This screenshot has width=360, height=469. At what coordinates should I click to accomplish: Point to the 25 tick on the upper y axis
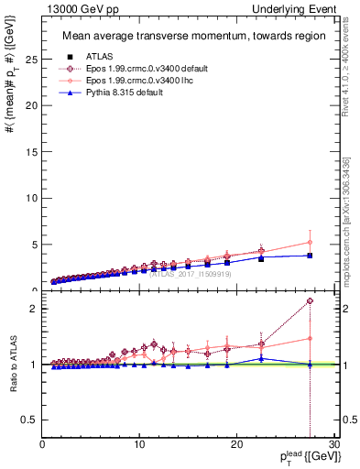(x=32, y=59)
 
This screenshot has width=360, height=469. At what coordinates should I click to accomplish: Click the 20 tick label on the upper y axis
(x=32, y=105)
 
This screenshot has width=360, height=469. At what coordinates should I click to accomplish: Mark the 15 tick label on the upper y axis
(x=32, y=152)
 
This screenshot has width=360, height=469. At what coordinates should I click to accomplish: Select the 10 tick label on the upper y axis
(x=32, y=198)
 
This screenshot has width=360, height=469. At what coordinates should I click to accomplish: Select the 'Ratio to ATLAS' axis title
(x=12, y=365)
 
